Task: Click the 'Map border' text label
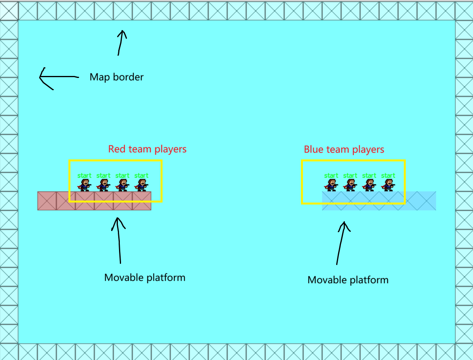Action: [x=116, y=77]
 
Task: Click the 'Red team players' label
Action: [x=147, y=149]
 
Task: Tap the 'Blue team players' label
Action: [x=344, y=150]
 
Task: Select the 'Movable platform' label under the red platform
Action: [x=145, y=277]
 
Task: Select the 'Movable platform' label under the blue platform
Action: [x=348, y=280]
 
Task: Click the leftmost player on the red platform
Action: [x=84, y=185]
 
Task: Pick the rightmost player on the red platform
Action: [x=142, y=185]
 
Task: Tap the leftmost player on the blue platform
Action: [x=331, y=185]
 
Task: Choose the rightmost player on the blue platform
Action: [x=388, y=185]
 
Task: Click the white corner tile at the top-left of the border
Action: [x=9, y=10]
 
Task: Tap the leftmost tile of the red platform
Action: [x=47, y=201]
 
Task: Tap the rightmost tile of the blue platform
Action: [x=426, y=201]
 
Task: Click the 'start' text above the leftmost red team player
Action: [x=84, y=175]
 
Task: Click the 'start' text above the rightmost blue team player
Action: [x=388, y=175]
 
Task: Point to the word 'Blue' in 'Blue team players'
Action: [x=313, y=150]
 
